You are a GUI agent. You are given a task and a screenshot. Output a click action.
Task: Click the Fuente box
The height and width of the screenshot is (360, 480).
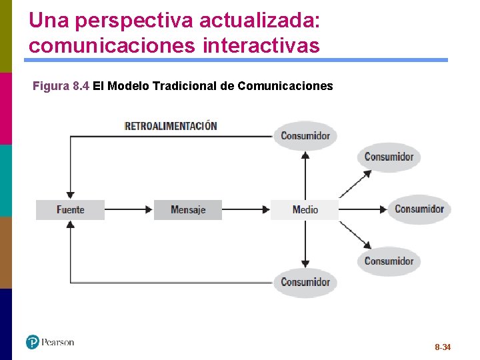70,209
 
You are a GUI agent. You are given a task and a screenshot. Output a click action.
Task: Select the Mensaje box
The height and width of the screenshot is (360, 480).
187,209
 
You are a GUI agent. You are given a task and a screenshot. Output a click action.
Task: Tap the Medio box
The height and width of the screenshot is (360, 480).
305,209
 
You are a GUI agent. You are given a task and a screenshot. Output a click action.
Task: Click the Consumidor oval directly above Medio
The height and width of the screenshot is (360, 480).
305,136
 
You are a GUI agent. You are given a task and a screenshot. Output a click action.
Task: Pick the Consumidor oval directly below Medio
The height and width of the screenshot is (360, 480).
305,282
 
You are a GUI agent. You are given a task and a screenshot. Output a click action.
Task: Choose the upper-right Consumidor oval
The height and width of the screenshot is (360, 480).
389,157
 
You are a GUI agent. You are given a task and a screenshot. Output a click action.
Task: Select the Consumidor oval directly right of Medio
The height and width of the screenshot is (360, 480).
419,209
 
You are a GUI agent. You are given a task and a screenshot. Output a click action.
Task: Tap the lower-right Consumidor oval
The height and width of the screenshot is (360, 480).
389,261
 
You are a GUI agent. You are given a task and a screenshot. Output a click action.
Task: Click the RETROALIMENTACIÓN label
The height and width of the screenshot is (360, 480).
171,125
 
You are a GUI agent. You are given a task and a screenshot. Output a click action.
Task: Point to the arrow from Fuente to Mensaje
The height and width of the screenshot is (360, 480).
129,209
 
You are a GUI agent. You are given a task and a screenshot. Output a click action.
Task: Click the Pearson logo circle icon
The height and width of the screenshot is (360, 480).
33,342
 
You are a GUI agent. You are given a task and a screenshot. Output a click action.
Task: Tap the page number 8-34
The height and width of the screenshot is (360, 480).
442,347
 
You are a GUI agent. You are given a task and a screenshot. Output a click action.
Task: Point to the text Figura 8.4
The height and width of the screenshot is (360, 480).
61,86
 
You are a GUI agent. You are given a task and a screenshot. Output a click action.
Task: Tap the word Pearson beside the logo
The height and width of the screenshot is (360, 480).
58,342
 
